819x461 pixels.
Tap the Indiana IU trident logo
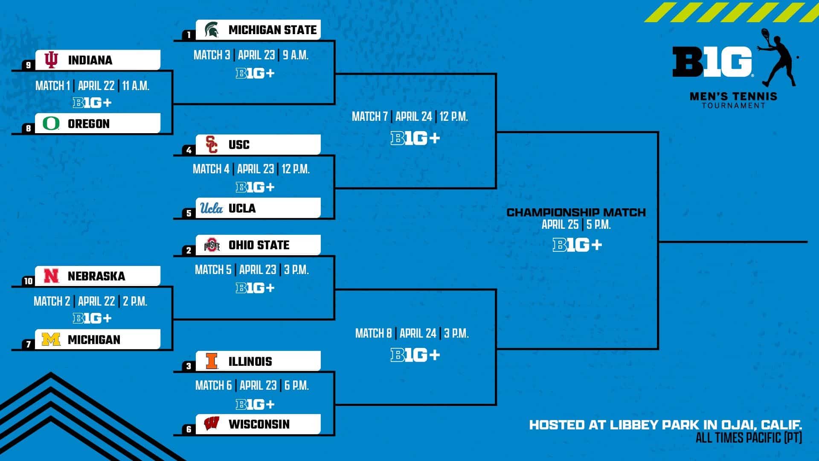[x=51, y=60]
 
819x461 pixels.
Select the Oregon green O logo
[x=51, y=123]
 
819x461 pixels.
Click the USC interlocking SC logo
[x=212, y=144]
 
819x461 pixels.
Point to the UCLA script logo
[x=212, y=208]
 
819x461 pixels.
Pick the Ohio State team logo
[x=212, y=245]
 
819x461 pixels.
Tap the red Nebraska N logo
[x=51, y=276]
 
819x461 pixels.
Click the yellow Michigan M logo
[x=51, y=339]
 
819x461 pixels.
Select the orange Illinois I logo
[x=212, y=361]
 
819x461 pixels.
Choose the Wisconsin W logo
[x=212, y=424]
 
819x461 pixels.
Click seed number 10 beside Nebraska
[x=28, y=281]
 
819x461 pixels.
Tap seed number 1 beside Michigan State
[x=189, y=35]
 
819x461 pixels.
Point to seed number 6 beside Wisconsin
[x=189, y=429]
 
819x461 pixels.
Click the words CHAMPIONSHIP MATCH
[x=576, y=212]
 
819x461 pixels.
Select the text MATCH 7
[x=370, y=116]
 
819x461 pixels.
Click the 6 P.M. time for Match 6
[x=296, y=385]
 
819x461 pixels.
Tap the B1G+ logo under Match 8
[x=415, y=355]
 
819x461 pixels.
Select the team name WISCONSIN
[x=259, y=424]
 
